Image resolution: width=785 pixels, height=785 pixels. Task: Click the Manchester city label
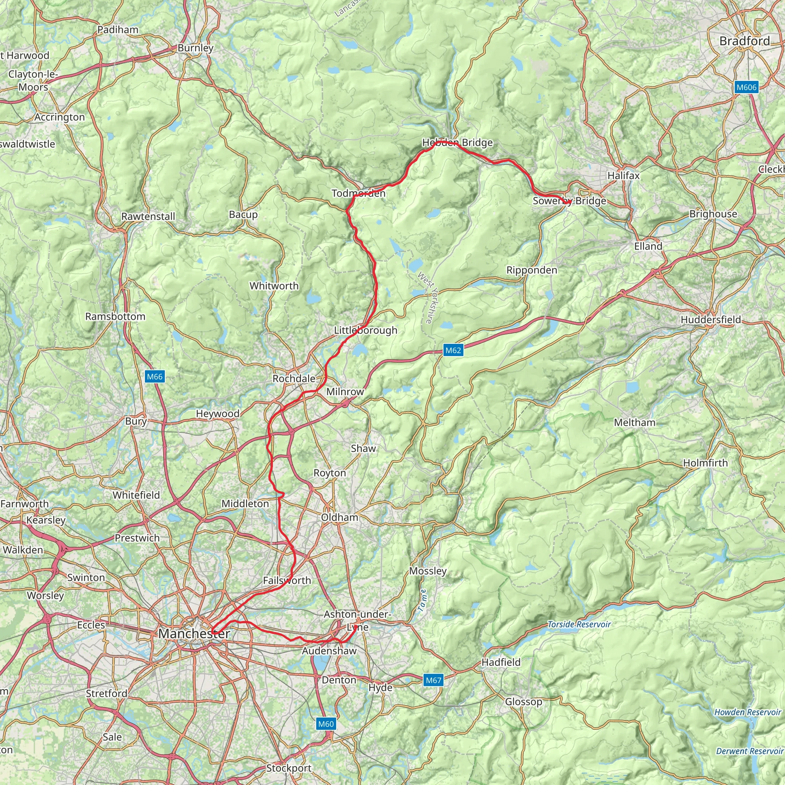tap(194, 634)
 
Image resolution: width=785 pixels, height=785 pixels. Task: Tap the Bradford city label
tap(744, 41)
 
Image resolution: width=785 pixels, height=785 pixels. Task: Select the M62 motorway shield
tap(453, 350)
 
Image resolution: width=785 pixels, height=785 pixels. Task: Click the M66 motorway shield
tap(154, 377)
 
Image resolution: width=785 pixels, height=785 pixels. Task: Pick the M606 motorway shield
tap(746, 87)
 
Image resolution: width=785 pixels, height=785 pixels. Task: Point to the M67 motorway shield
tap(433, 680)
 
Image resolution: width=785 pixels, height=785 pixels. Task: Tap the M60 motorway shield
tap(325, 724)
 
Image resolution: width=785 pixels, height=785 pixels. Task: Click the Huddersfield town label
tap(711, 320)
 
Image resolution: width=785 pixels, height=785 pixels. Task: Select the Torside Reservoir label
tap(579, 624)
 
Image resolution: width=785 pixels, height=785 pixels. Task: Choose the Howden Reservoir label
tap(747, 712)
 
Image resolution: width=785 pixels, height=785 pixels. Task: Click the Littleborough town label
tap(365, 330)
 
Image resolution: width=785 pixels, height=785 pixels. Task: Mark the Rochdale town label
tap(294, 379)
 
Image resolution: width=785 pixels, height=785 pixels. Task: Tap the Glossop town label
tap(523, 702)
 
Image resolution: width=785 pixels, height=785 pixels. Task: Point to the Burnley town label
tap(195, 48)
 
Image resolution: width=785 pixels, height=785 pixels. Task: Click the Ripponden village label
tap(532, 270)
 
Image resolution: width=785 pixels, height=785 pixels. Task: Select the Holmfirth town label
tap(705, 463)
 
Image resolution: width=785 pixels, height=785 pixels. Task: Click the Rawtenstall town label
tap(148, 217)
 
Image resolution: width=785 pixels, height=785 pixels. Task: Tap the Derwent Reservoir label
tap(750, 751)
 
